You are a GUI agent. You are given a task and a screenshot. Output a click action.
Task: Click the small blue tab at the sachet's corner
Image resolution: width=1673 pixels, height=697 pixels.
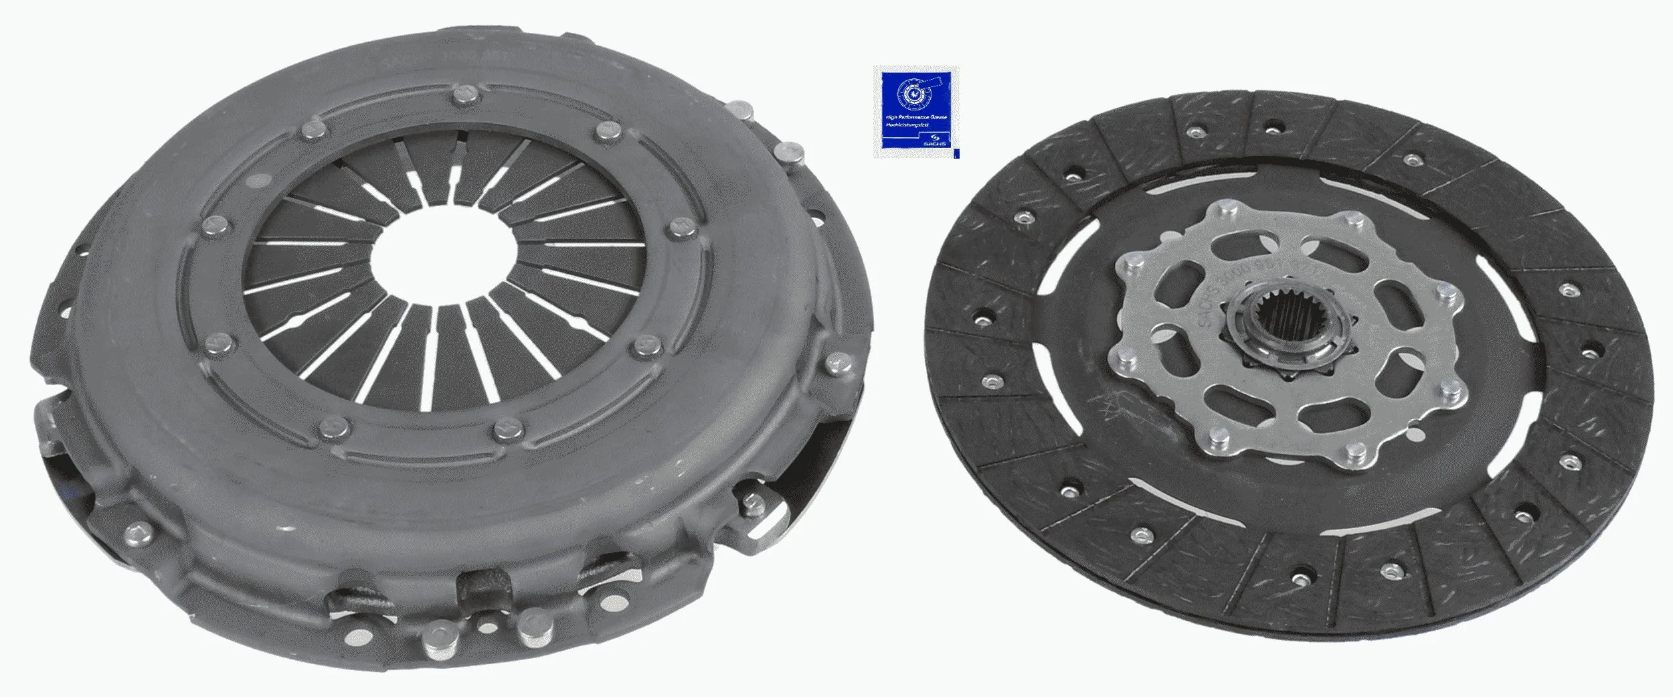[956, 153]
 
